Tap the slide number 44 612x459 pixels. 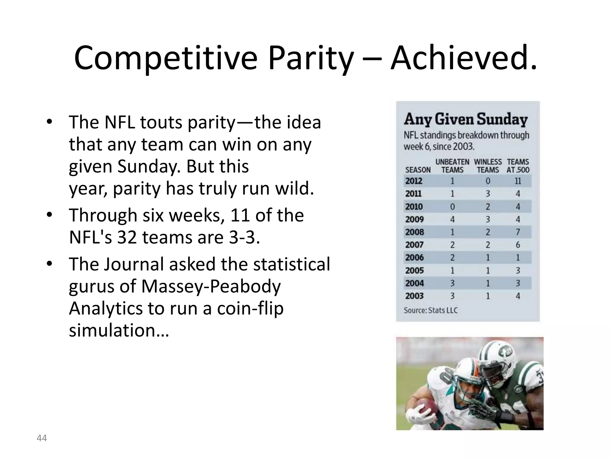tap(42, 438)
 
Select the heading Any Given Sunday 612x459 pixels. tap(466, 119)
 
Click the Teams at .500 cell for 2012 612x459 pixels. tap(518, 181)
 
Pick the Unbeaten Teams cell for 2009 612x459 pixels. tap(452, 220)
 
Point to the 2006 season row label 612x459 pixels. tap(414, 258)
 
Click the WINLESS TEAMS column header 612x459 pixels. tap(488, 166)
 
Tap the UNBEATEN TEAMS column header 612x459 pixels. tap(452, 166)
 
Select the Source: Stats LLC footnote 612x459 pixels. tap(430, 310)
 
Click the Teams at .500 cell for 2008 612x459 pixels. tap(518, 232)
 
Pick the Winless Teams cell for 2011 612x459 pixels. tap(488, 194)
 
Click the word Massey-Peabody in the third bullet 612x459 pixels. tap(211, 286)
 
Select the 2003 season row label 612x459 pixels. tap(414, 296)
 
